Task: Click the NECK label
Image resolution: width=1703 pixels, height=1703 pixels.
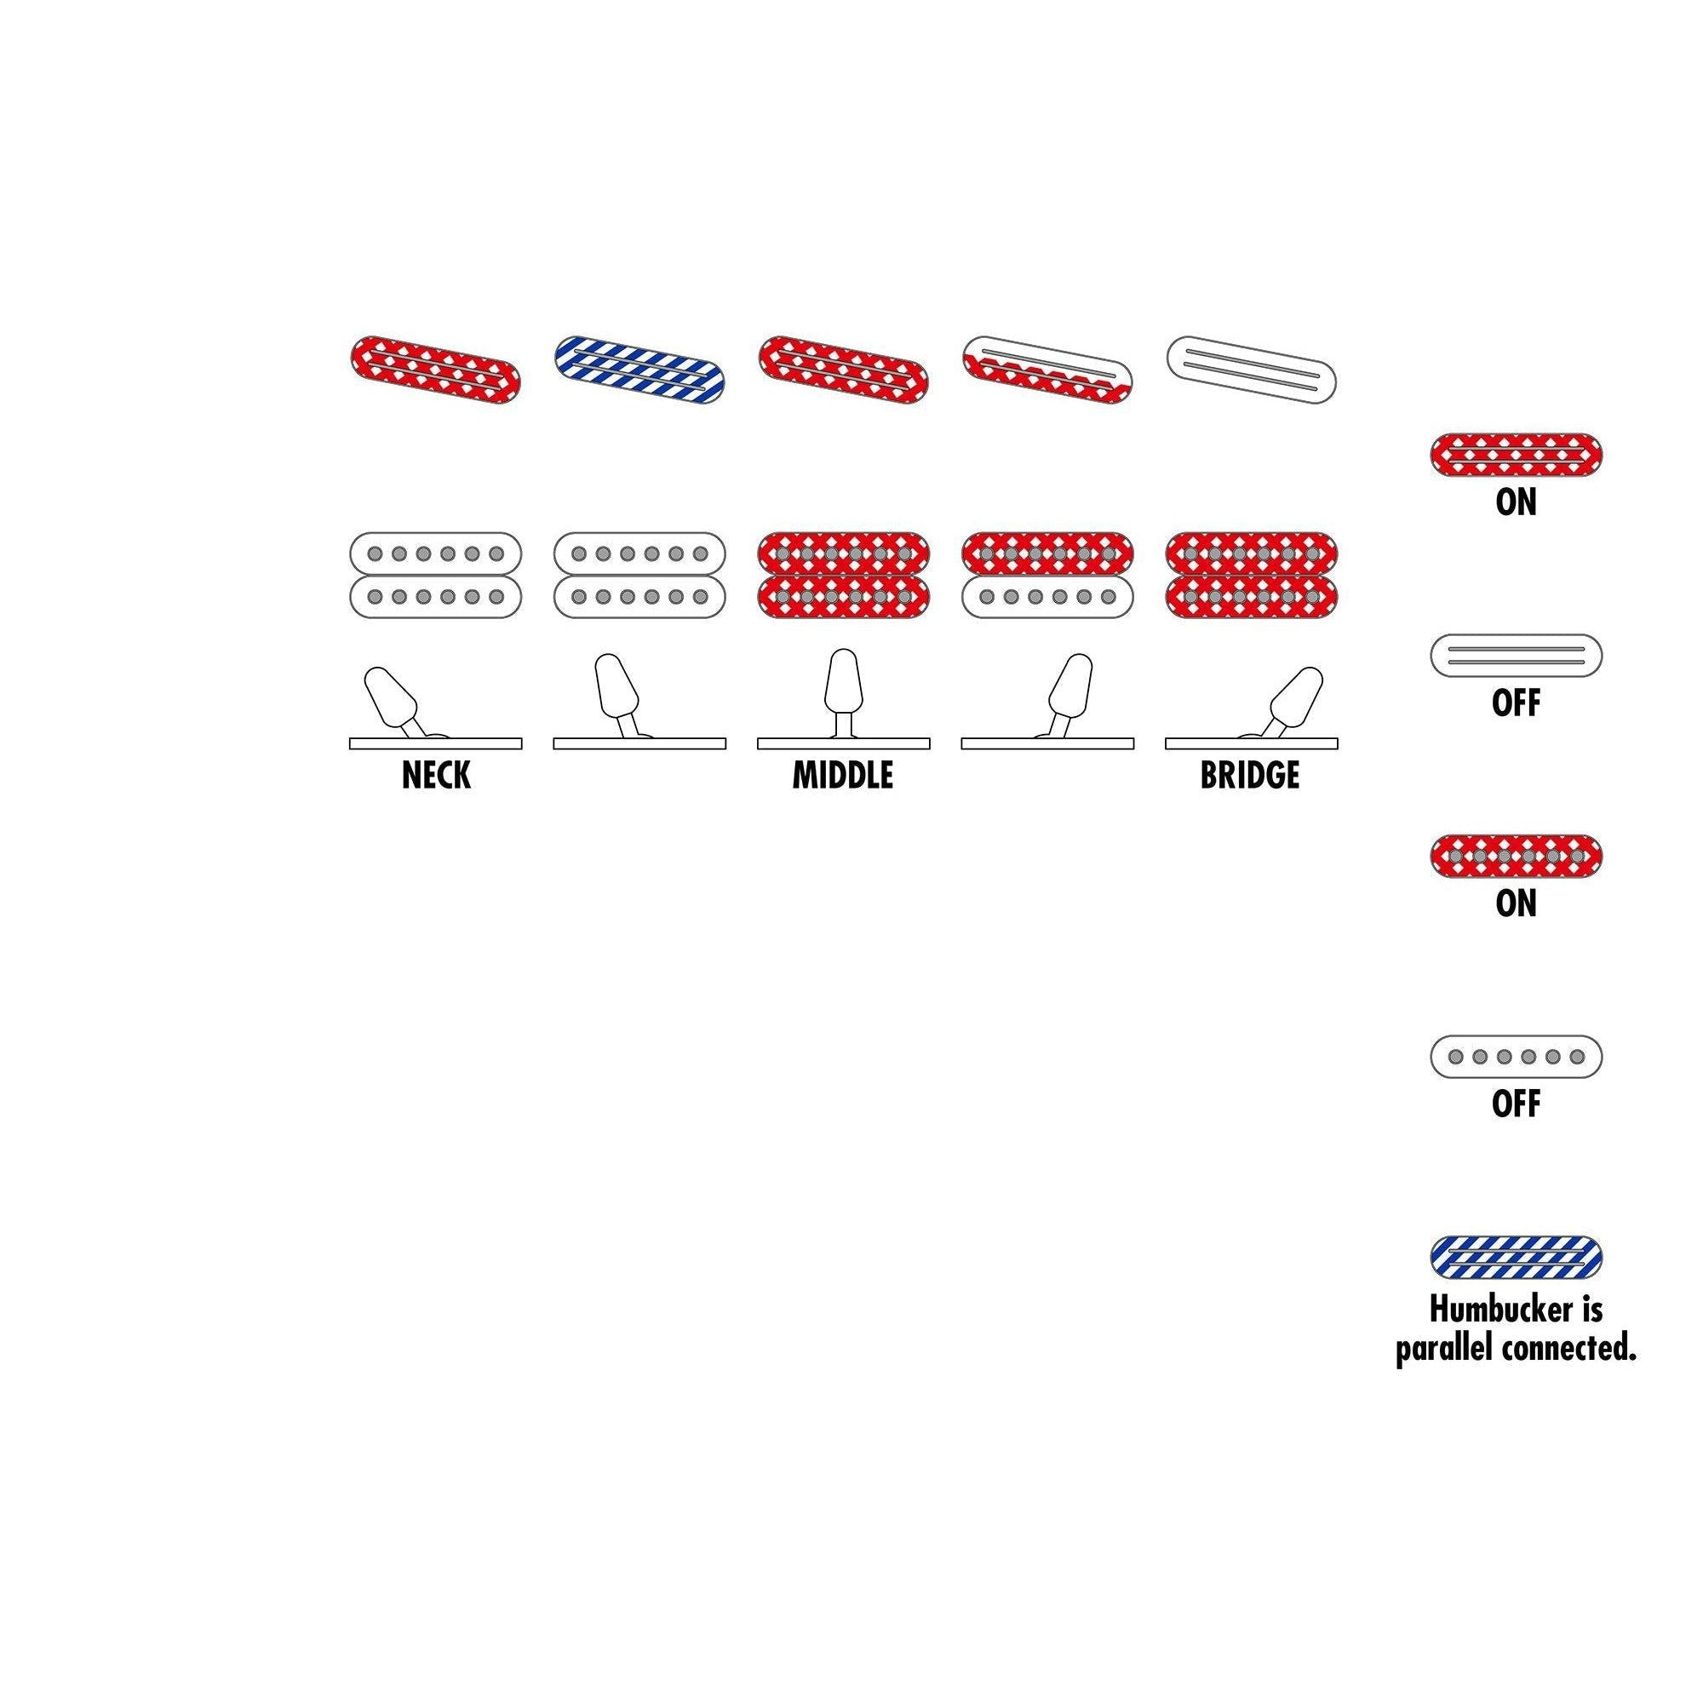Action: [435, 776]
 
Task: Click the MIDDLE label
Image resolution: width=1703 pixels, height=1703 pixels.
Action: [843, 776]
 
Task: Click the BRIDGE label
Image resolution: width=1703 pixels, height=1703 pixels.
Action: [1250, 776]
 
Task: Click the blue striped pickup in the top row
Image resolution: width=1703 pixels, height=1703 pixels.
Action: [640, 369]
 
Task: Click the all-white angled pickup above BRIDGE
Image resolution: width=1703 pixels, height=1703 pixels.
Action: [1251, 369]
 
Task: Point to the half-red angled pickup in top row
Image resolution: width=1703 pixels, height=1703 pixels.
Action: [1047, 370]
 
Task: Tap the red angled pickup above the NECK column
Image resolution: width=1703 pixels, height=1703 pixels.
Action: [435, 369]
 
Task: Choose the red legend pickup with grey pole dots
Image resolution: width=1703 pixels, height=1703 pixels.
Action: [1517, 856]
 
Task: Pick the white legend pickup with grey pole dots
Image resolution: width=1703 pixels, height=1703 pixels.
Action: [1517, 1056]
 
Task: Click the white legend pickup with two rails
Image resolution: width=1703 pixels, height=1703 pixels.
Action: [1517, 655]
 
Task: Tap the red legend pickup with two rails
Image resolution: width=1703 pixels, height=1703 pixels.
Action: [1517, 455]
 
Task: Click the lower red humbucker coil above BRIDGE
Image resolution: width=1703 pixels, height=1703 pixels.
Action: [1251, 597]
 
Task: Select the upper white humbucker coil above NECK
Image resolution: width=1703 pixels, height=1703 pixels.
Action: [435, 553]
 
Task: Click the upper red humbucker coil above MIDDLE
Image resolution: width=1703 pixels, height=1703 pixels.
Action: [844, 553]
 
